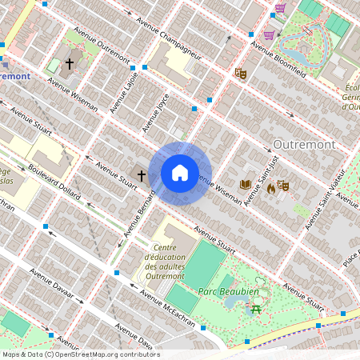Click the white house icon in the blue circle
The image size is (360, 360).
pyautogui.click(x=180, y=173)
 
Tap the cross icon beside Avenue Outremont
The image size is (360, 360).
pyautogui.click(x=70, y=62)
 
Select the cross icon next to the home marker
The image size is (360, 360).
pyautogui.click(x=142, y=174)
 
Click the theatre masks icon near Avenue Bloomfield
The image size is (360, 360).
pyautogui.click(x=240, y=74)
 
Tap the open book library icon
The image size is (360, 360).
pyautogui.click(x=246, y=185)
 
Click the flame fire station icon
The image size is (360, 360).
pyautogui.click(x=270, y=188)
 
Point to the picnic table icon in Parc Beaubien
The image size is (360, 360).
pyautogui.click(x=256, y=308)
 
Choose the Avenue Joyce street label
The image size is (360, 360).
pyautogui.click(x=156, y=114)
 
